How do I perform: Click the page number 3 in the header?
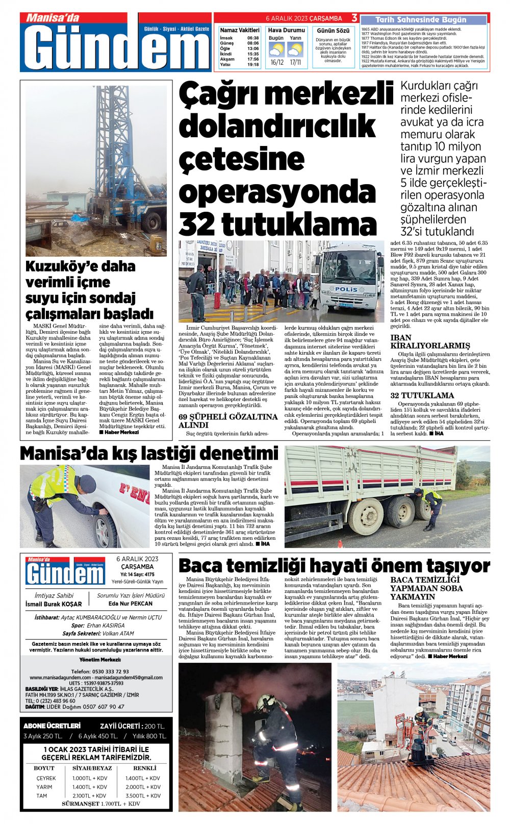click(354, 18)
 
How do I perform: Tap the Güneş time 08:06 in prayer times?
click(253, 43)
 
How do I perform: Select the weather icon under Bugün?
click(276, 50)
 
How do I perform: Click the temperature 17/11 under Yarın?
click(295, 62)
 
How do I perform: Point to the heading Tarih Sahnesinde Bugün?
click(421, 20)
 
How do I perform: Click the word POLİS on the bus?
click(347, 289)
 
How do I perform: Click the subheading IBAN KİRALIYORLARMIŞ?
click(423, 341)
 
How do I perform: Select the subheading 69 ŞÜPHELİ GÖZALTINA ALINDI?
click(227, 420)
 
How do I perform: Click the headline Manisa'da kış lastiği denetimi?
click(149, 453)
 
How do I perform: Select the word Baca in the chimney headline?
click(200, 566)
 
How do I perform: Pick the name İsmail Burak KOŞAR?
click(54, 604)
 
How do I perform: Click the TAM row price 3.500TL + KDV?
click(143, 795)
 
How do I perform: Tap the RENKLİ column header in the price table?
click(145, 768)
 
